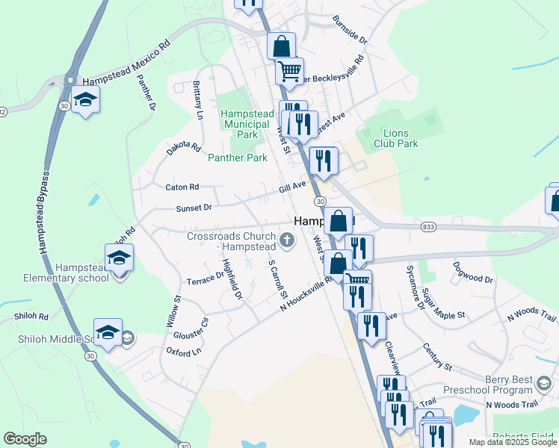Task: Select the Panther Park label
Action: [237, 158]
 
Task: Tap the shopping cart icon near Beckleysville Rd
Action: [288, 71]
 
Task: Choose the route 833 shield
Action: [428, 226]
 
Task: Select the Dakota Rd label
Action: [184, 149]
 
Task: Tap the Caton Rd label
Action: [182, 187]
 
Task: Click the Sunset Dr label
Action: [194, 208]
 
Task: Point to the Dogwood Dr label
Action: [473, 272]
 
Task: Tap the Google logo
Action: [25, 439]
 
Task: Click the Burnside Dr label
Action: [350, 29]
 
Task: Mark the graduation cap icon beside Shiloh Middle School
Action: [108, 332]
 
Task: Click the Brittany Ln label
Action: [198, 100]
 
